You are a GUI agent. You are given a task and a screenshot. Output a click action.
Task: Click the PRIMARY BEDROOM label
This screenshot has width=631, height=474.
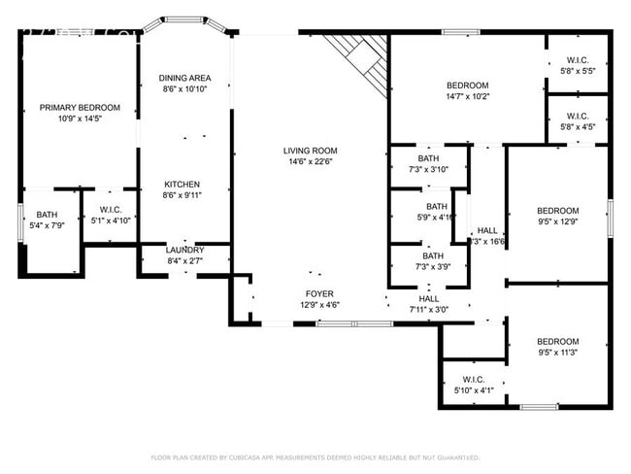pos(80,107)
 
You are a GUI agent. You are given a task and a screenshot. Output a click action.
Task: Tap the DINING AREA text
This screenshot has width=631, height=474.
pos(185,78)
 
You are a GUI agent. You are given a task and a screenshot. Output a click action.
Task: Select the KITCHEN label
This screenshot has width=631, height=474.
pos(182,185)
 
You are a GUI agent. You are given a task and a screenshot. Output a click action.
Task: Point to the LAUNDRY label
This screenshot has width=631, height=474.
pos(184,250)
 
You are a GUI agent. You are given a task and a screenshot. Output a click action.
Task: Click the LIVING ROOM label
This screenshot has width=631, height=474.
pos(310,151)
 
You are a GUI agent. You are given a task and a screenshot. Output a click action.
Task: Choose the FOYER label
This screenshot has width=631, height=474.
pos(319,293)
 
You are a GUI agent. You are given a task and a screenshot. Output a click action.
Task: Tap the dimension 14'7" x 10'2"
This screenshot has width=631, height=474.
pos(468,96)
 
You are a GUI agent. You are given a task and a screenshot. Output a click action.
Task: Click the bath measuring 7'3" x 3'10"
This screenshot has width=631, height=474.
pos(428,170)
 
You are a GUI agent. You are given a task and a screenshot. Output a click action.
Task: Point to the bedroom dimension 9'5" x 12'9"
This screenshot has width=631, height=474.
pos(557,221)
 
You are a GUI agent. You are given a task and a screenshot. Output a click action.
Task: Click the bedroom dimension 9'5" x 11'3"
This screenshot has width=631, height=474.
pos(557,353)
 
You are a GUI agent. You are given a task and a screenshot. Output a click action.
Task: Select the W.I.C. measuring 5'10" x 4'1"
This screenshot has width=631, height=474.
pos(474,390)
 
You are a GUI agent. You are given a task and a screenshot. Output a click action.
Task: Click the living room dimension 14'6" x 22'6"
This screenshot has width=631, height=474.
pos(310,162)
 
